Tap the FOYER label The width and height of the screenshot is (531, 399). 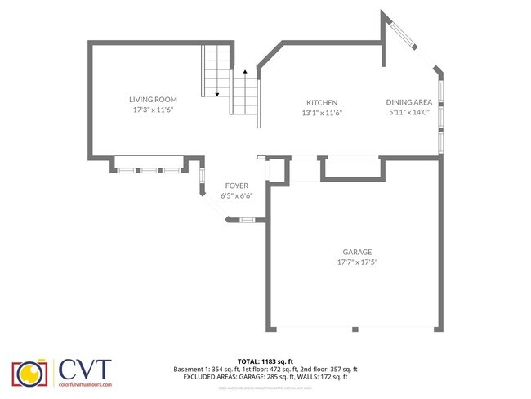tap(236, 186)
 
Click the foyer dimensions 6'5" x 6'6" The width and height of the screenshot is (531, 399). tap(236, 196)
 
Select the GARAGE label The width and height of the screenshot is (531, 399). tap(357, 252)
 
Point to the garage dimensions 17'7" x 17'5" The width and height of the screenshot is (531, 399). tap(357, 262)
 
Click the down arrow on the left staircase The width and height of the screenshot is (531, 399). tap(216, 93)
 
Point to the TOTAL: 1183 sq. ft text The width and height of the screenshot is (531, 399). tap(265, 361)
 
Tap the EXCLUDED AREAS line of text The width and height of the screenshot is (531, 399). tap(265, 377)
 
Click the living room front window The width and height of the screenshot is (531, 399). tap(149, 170)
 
